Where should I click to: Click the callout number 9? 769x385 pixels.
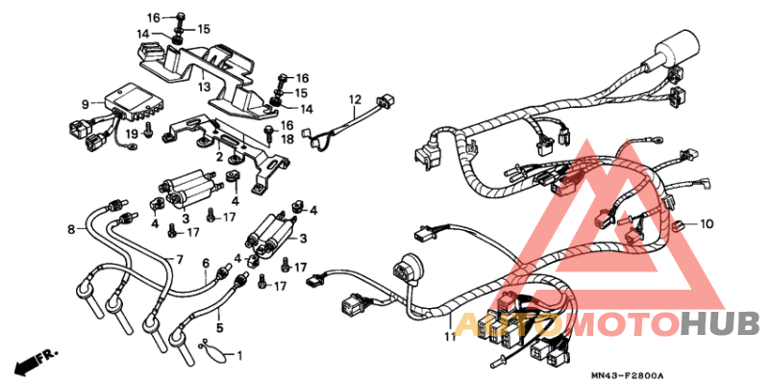tap(85, 104)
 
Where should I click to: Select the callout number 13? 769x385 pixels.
tap(204, 87)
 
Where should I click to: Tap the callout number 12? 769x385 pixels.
tap(354, 99)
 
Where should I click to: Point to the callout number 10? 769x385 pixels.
tap(707, 224)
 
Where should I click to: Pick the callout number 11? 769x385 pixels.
tap(448, 337)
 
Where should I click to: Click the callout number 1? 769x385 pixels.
tap(239, 356)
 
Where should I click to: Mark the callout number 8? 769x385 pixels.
tap(71, 229)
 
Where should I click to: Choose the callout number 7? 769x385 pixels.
tap(179, 260)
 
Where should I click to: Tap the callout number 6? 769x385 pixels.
tap(205, 262)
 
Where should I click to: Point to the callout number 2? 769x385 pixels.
tap(219, 157)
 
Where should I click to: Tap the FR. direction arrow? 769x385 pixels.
tap(32, 364)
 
